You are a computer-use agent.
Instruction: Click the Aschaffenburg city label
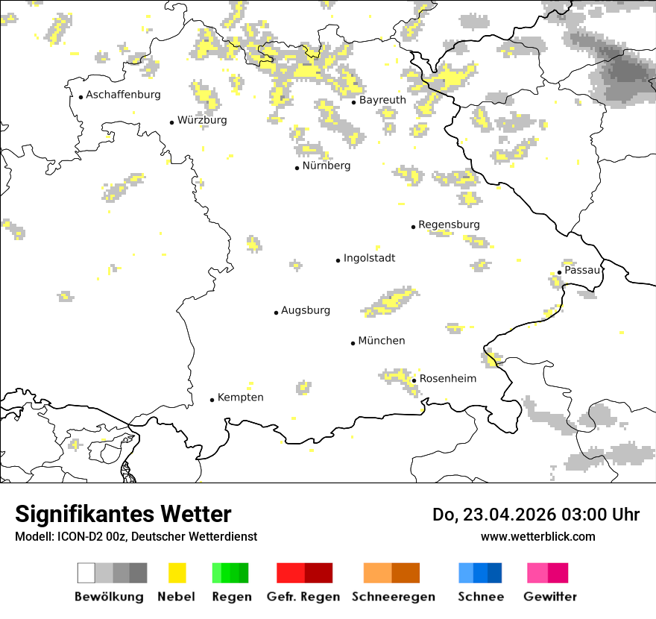coord(123,95)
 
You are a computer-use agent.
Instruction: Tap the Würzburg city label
coord(202,120)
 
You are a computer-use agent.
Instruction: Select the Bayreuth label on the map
coord(382,100)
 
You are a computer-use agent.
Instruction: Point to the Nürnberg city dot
coord(297,168)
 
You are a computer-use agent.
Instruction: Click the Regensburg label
coord(449,224)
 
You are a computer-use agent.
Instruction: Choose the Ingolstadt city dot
coord(338,260)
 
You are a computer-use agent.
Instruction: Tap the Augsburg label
coord(306,310)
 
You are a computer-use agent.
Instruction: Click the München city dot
coord(353,343)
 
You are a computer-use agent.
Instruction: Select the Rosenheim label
coord(447,379)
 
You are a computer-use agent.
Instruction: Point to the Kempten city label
coord(240,398)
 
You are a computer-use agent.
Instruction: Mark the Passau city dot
coord(559,272)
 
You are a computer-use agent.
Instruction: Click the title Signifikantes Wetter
coord(123,514)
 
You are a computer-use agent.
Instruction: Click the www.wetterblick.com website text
coord(537,536)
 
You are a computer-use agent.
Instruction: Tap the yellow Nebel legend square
coord(177,573)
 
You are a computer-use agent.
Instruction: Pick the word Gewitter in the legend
coord(550,597)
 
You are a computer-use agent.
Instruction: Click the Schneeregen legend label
coord(394,597)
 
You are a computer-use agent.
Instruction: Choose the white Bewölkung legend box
coord(86,573)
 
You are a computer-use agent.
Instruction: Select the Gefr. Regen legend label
coord(303,597)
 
